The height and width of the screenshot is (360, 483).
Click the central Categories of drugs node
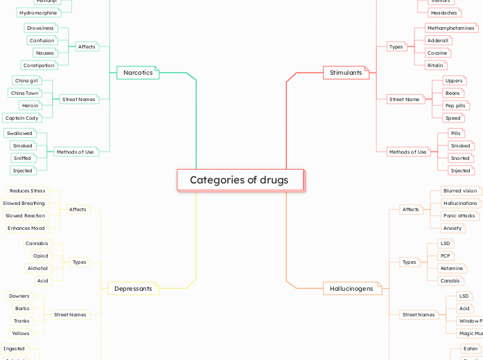[x=240, y=180]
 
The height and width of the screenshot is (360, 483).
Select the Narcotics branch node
[x=137, y=73]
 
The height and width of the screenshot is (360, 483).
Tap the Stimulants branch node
[x=346, y=73]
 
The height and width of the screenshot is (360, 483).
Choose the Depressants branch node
[x=132, y=289]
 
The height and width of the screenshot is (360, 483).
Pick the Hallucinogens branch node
[x=351, y=289]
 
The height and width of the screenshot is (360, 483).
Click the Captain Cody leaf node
[x=22, y=118]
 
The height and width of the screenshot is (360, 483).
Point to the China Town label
[x=25, y=93]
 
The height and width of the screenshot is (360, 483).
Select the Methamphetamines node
[x=450, y=28]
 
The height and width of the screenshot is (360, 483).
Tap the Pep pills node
[x=455, y=105]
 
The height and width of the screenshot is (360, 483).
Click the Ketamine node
[x=452, y=269]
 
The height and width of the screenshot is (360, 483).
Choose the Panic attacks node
[x=459, y=216]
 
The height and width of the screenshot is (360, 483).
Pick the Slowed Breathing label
[x=24, y=204]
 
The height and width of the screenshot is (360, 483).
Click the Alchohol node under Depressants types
[x=37, y=269]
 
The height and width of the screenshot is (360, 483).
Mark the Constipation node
[x=38, y=66]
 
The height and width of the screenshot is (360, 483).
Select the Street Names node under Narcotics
[x=78, y=100]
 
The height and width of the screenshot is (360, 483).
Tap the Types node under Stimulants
[x=396, y=47]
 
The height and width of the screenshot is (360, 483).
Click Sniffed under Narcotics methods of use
[x=23, y=159]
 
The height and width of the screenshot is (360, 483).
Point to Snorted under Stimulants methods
[x=460, y=159]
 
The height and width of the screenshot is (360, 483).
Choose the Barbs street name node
[x=22, y=309]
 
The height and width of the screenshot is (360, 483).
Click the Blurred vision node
[x=460, y=191]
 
